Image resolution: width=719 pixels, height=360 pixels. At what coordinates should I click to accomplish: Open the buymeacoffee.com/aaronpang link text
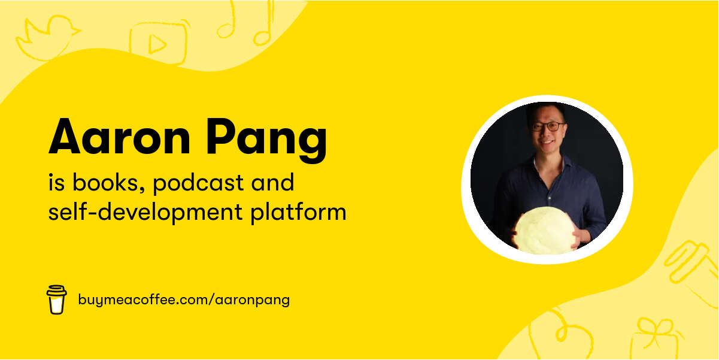[184, 300]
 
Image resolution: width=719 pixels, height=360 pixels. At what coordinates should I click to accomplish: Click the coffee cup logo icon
[56, 299]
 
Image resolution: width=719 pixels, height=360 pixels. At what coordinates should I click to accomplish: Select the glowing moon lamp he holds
[544, 230]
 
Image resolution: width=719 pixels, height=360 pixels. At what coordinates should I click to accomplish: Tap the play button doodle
[156, 43]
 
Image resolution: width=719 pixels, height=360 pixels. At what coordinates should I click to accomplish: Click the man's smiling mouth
[547, 143]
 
